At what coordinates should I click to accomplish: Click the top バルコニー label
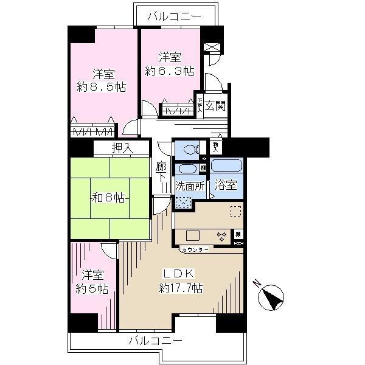coord(175,16)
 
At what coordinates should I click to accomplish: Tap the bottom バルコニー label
coord(155,340)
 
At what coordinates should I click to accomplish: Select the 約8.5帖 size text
coord(101,87)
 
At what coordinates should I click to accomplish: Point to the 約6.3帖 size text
coord(170,71)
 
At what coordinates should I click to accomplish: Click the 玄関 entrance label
coord(215,105)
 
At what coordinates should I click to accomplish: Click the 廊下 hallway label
coord(161,172)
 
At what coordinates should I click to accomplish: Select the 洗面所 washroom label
coord(189,187)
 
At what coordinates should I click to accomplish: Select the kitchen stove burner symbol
coord(221,236)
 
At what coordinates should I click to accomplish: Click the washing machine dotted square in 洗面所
coord(182,203)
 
